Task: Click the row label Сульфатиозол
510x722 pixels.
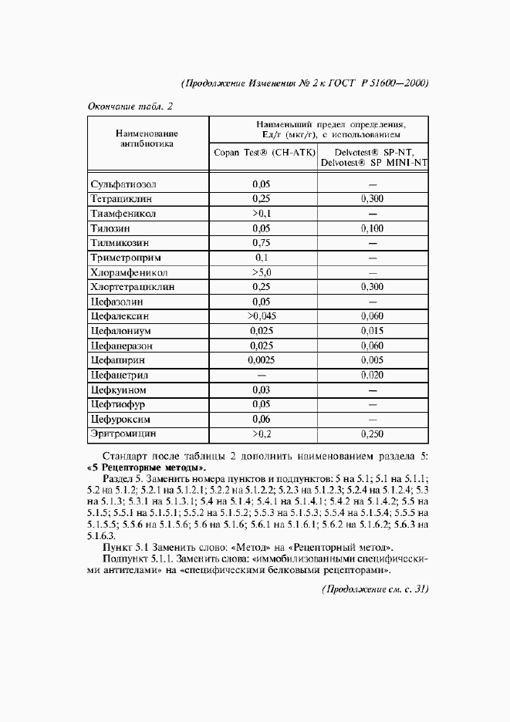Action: [x=123, y=185]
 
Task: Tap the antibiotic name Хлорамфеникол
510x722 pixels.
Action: [x=129, y=273]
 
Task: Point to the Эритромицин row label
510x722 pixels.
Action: [x=123, y=434]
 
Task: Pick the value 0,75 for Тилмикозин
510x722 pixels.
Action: [x=262, y=244]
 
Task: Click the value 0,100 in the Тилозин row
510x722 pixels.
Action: [x=373, y=229]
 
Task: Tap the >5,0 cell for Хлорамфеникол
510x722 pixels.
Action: [x=262, y=273]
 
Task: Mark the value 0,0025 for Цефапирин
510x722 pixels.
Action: [x=262, y=360]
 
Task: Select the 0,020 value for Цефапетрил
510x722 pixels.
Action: [x=373, y=375]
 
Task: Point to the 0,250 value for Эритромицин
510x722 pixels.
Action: [x=373, y=434]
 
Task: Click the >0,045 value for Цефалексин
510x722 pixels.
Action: [x=262, y=316]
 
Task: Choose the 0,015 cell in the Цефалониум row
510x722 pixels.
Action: [x=373, y=331]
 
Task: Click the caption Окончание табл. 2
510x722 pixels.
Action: [x=129, y=106]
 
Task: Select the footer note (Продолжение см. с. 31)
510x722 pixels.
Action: [x=374, y=589]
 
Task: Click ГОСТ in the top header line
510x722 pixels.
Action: [x=336, y=83]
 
